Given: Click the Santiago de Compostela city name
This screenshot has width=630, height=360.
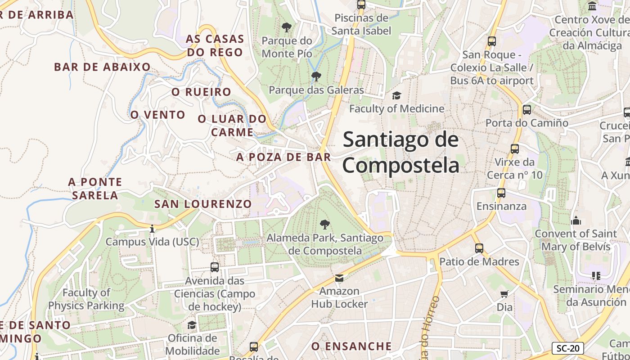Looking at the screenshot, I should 401,152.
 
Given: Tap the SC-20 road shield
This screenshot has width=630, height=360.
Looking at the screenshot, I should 567,348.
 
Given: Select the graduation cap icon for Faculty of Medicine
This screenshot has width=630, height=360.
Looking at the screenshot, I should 396,95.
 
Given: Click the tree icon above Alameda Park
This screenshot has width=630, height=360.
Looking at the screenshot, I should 324,224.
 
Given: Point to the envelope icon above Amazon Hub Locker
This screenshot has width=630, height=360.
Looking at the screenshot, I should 339,278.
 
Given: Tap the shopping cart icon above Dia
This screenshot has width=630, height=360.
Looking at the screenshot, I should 504,294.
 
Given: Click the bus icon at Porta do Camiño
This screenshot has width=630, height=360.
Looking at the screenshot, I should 526,109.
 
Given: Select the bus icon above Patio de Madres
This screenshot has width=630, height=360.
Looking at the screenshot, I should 479,248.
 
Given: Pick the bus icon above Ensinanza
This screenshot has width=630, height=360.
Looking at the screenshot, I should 501,193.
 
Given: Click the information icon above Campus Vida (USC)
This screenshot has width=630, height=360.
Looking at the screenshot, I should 152,229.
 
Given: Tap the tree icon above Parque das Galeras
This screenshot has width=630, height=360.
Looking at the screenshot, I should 316,76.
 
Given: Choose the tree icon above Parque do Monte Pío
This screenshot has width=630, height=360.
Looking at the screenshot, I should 286,27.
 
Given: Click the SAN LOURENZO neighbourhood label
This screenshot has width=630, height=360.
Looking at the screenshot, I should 203,204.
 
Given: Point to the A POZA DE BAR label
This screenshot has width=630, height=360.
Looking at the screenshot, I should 283,157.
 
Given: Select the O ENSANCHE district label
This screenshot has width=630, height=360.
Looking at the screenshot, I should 351,346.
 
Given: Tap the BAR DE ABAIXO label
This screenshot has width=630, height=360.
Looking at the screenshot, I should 102,67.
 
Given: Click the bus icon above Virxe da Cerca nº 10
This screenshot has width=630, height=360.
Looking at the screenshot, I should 515,149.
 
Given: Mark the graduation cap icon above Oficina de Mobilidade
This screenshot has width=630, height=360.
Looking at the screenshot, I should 192,325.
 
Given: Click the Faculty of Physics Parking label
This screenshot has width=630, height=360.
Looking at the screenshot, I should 86,299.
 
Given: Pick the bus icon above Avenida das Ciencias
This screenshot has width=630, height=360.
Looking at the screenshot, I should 215,267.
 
